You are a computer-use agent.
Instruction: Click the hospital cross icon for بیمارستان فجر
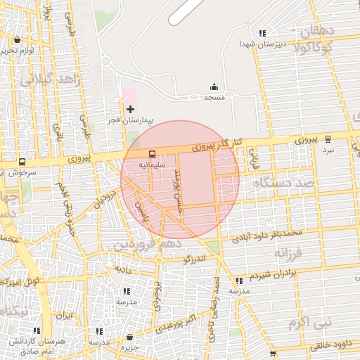(130, 109)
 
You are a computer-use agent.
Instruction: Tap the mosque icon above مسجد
(214, 87)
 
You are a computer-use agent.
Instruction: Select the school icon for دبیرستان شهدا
(262, 33)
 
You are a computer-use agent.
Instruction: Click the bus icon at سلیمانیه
(151, 154)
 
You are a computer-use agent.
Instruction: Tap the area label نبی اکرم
(308, 323)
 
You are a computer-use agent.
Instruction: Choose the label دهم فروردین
(149, 244)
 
